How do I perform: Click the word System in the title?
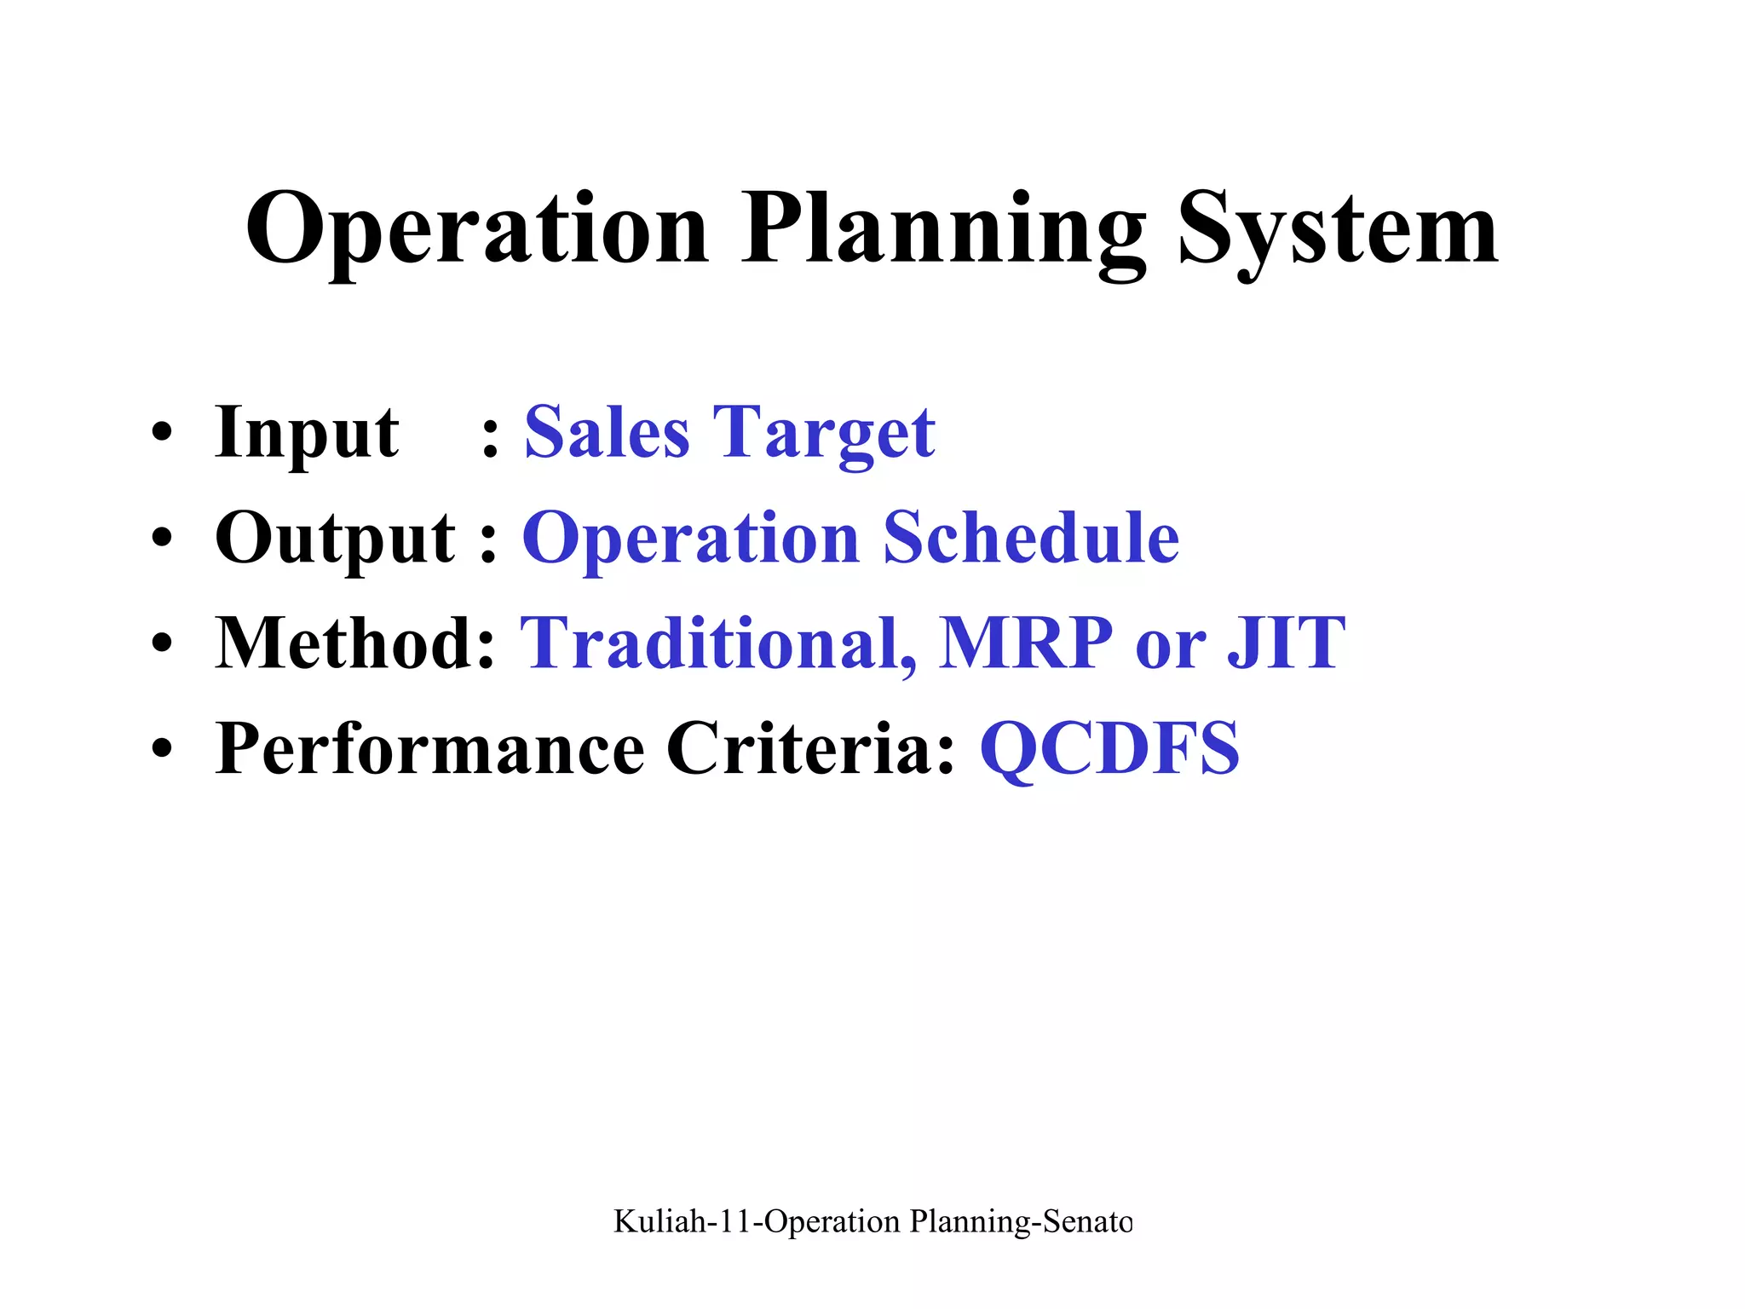tap(1338, 230)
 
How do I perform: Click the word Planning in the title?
tap(943, 230)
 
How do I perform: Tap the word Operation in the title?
tap(477, 230)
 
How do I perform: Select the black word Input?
tap(307, 433)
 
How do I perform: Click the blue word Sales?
tap(607, 433)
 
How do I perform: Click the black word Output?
tap(335, 539)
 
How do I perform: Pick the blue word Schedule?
tap(1031, 539)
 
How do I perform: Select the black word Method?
tap(354, 643)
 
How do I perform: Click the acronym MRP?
tap(1026, 643)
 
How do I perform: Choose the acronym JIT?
tap(1287, 643)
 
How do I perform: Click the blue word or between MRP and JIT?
tap(1171, 648)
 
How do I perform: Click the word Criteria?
tap(809, 748)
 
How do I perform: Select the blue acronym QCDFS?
tap(1109, 748)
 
